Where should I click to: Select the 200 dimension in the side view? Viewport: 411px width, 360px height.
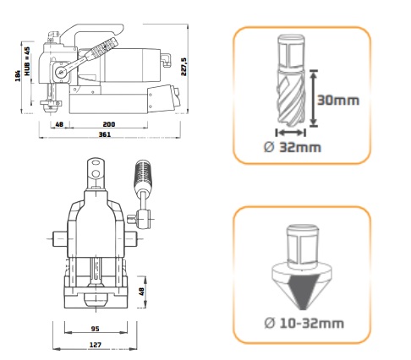pyautogui.click(x=109, y=123)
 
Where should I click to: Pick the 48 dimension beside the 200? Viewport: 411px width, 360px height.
pyautogui.click(x=59, y=123)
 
